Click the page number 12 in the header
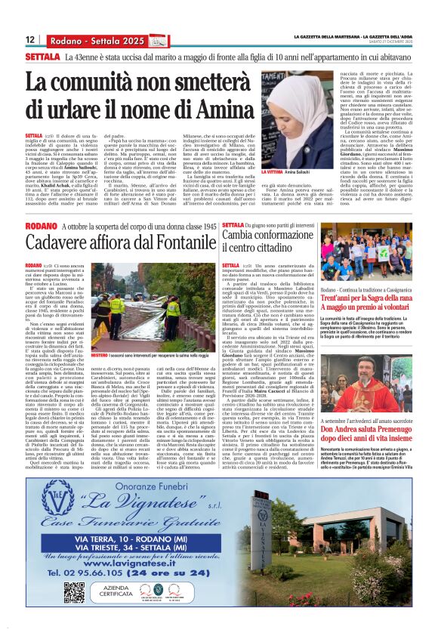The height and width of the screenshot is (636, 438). pyautogui.click(x=30, y=39)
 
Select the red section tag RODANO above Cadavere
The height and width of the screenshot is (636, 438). pyautogui.click(x=40, y=226)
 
